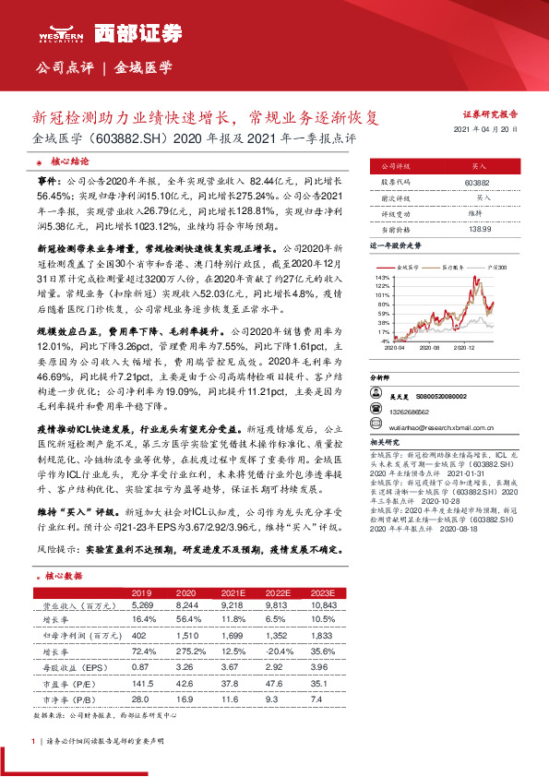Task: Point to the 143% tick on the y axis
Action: point(382,277)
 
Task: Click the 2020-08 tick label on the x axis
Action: point(430,348)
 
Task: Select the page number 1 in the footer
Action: point(33,741)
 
